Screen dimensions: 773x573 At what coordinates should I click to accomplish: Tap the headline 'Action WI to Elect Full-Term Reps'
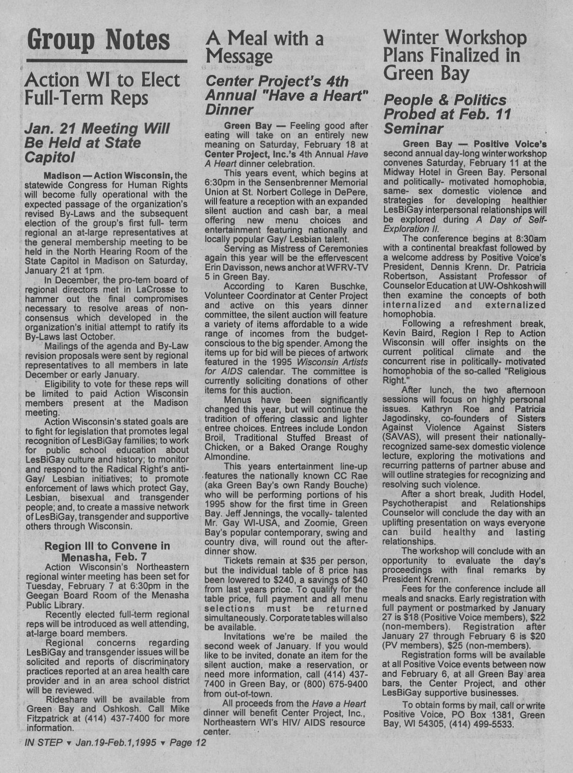tap(102, 89)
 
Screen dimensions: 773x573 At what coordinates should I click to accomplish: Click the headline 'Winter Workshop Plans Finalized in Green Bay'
tap(454, 55)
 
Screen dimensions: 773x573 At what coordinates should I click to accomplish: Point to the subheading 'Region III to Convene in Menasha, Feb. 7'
tap(107, 551)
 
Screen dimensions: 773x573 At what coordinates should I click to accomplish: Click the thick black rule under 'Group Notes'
tap(106, 62)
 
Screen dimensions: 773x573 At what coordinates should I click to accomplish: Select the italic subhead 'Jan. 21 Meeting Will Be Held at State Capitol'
tap(97, 142)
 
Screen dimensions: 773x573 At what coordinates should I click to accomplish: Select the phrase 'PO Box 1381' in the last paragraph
tap(463, 715)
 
